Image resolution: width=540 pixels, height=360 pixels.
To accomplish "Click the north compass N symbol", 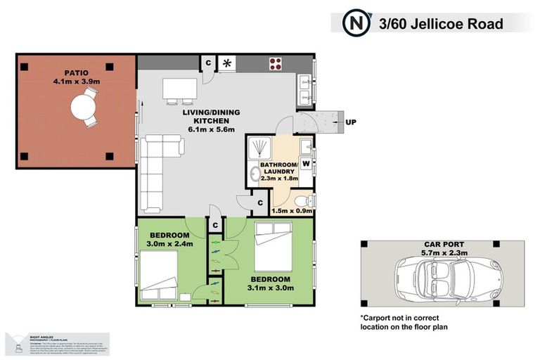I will coord(355,23).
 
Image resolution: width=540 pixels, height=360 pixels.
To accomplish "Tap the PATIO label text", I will coord(77,72).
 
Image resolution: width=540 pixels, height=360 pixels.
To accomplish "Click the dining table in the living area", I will coord(179,88).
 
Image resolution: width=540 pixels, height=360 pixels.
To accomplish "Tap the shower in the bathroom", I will coord(262,147).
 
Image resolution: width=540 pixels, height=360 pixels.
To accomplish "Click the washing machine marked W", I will coord(307,164).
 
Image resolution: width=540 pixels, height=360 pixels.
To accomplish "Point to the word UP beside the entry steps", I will coord(351,122).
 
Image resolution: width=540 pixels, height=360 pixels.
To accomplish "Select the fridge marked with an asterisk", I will coord(228,63).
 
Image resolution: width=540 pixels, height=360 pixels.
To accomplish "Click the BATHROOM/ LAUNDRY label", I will coord(279,169).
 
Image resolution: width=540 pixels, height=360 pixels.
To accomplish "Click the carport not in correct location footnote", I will coord(404,321).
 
